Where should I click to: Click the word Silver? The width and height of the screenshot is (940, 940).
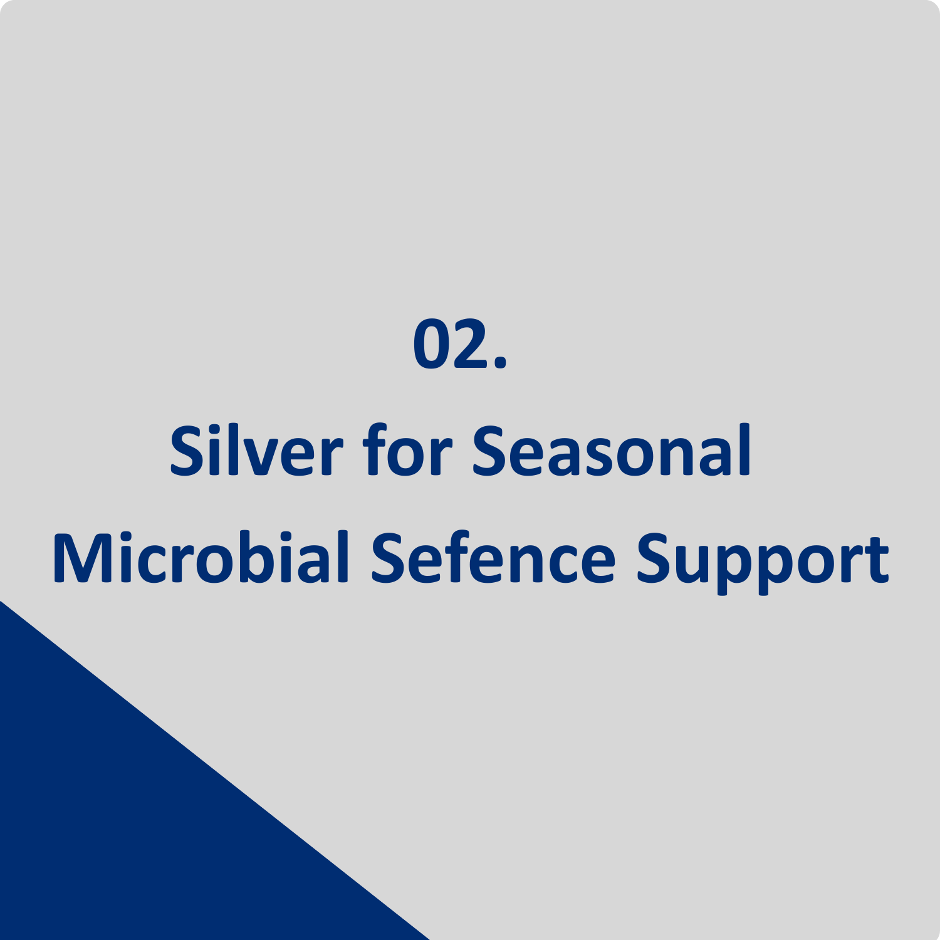click(x=256, y=450)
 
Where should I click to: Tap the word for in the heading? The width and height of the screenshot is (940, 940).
click(x=407, y=450)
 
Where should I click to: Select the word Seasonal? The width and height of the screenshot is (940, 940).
click(x=612, y=450)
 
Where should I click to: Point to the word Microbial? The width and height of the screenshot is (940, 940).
click(x=201, y=557)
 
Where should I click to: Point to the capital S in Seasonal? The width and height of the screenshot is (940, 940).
click(x=488, y=451)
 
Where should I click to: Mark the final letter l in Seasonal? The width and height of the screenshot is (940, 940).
click(x=744, y=450)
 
